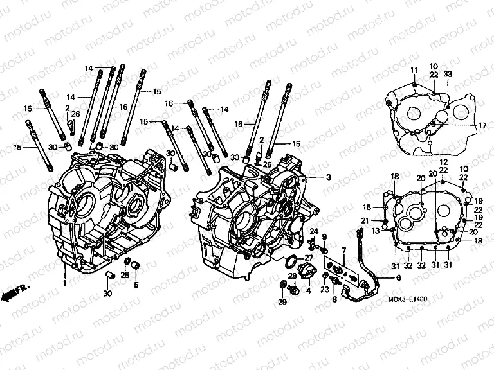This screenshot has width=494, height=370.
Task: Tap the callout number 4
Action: pos(308,290)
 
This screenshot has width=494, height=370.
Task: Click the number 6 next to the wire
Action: pos(398,277)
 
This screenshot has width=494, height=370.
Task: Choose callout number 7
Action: pos(344,250)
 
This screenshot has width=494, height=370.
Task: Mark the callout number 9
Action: pos(324,237)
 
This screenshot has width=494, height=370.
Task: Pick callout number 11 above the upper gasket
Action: pos(415,69)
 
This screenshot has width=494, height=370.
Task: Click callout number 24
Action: pos(315,231)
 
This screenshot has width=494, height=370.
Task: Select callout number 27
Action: pos(308,258)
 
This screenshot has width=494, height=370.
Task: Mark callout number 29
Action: pos(281,302)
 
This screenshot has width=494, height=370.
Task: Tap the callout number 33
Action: pos(448,75)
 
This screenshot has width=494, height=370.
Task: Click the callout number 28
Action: pos(293,276)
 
